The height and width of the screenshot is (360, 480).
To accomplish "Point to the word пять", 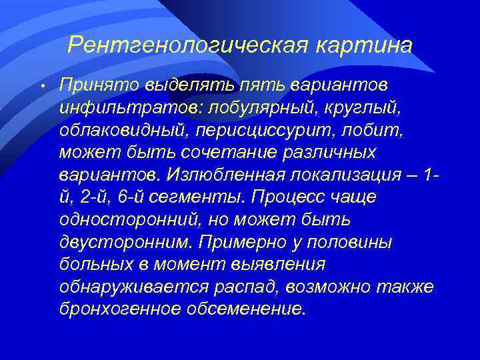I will [262, 85].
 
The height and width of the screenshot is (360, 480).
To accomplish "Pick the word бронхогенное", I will [123, 309].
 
